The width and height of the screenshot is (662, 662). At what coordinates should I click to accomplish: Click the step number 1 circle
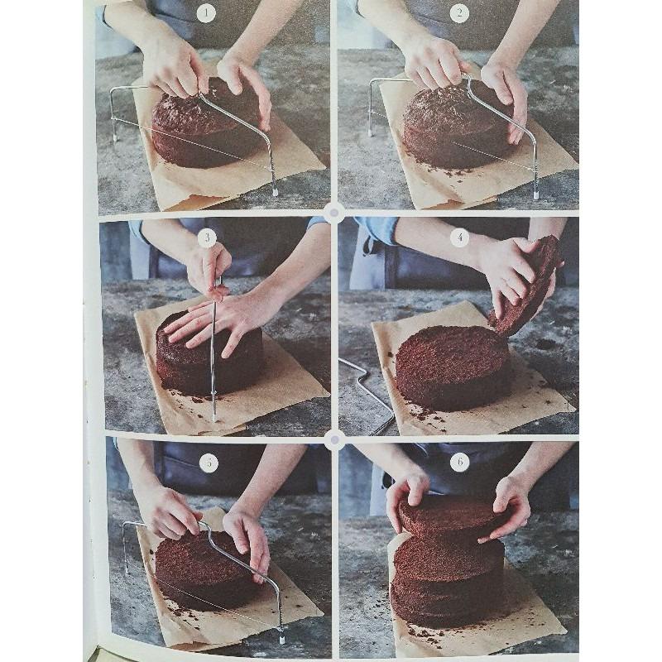click(206, 12)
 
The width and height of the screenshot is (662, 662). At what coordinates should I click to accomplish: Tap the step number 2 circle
click(459, 13)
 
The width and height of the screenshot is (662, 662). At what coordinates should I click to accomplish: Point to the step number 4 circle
click(459, 237)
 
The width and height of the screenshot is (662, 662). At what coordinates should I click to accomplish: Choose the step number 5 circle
click(209, 462)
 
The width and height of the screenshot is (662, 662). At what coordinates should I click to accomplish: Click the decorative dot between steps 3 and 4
click(333, 213)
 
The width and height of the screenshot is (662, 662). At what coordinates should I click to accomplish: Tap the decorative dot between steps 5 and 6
click(333, 439)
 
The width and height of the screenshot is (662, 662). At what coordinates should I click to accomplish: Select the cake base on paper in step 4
click(453, 364)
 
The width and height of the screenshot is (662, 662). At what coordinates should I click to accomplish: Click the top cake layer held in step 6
click(451, 517)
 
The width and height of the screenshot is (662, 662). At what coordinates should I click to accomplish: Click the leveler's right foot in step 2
click(535, 194)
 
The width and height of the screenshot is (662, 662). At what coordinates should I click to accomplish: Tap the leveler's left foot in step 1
click(114, 138)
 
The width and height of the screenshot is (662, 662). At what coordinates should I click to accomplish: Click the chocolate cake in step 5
click(203, 571)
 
